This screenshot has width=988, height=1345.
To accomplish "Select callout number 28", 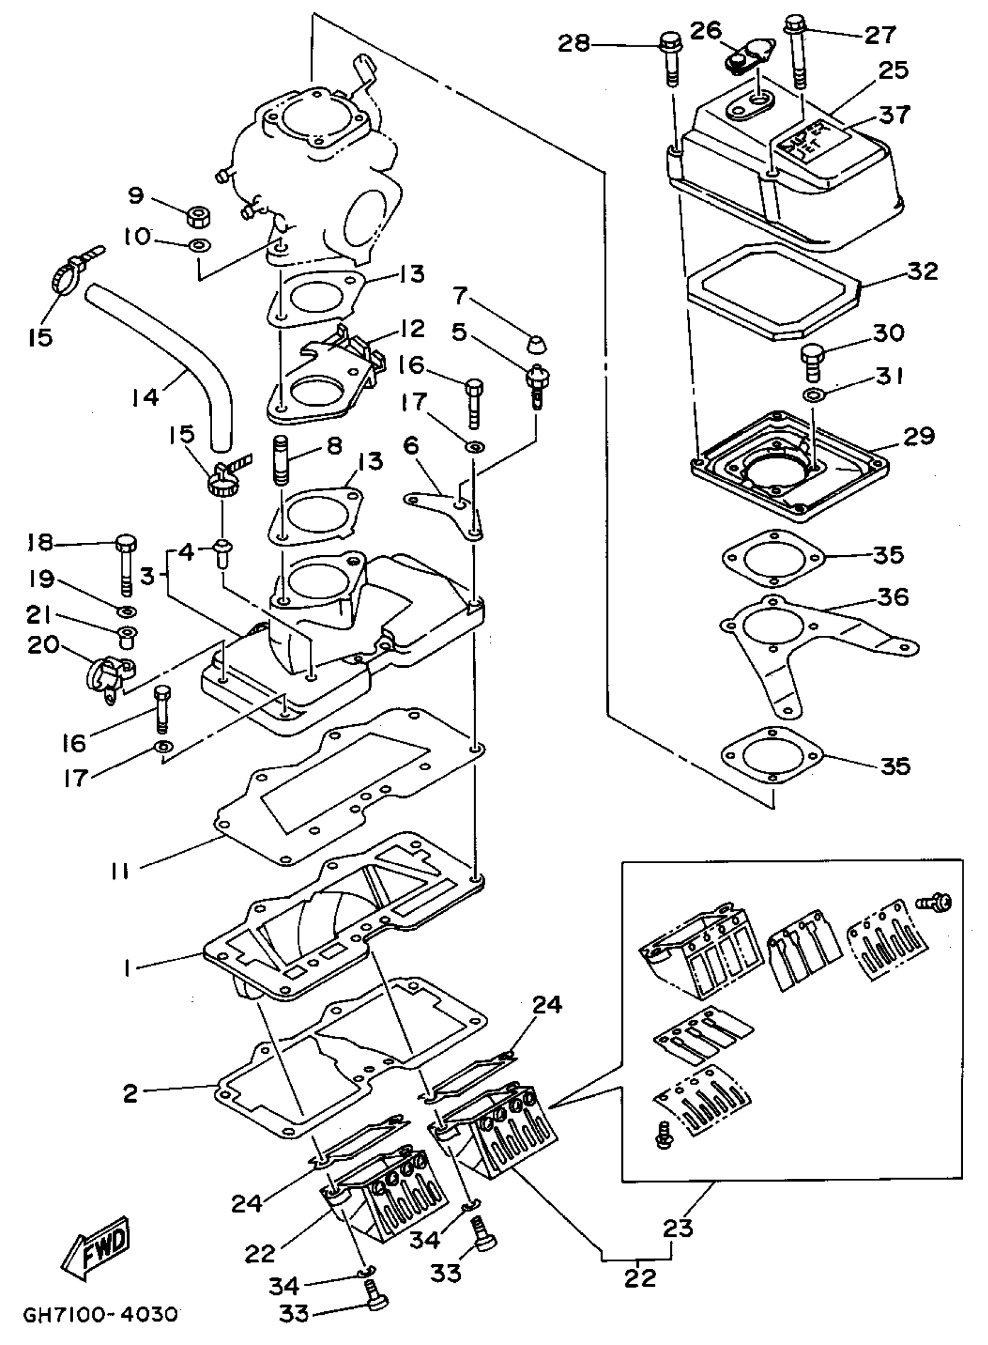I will (574, 44).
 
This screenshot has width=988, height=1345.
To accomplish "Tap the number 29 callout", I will (918, 436).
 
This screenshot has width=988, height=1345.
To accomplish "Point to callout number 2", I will (130, 1093).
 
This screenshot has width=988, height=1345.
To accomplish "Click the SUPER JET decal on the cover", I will (810, 143).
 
